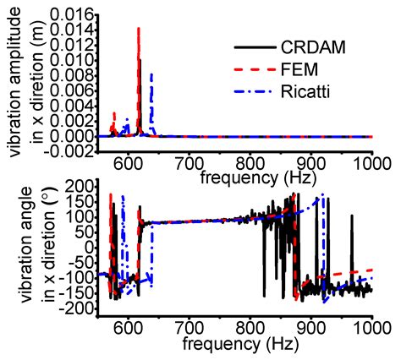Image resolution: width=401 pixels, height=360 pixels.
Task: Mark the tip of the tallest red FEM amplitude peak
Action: tap(138, 29)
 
